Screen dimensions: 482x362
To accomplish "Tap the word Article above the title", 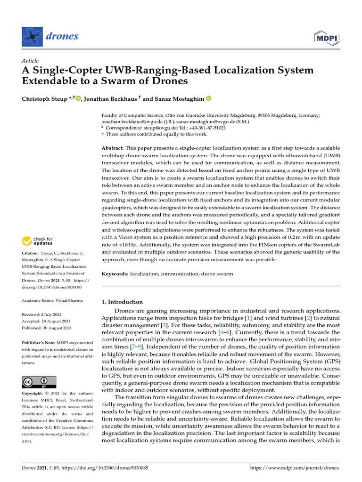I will click(x=30, y=61).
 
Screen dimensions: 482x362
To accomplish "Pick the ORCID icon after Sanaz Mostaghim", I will click(x=208, y=98).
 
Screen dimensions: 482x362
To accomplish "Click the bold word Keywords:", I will click(x=115, y=273).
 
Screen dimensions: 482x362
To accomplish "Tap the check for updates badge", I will click(x=38, y=241).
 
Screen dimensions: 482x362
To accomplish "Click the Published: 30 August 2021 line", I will click(x=47, y=328).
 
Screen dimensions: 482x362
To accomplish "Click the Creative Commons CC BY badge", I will click(x=39, y=382).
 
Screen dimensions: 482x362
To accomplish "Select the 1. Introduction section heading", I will click(x=122, y=302).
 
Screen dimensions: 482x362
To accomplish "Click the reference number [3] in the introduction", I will click(x=164, y=324).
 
